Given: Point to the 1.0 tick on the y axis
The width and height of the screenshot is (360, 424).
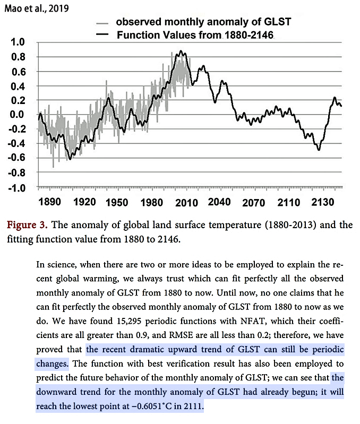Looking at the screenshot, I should [x=18, y=42].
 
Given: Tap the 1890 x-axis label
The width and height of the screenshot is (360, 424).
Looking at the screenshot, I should [x=49, y=202].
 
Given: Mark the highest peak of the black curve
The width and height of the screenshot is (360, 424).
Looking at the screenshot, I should [x=181, y=51].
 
